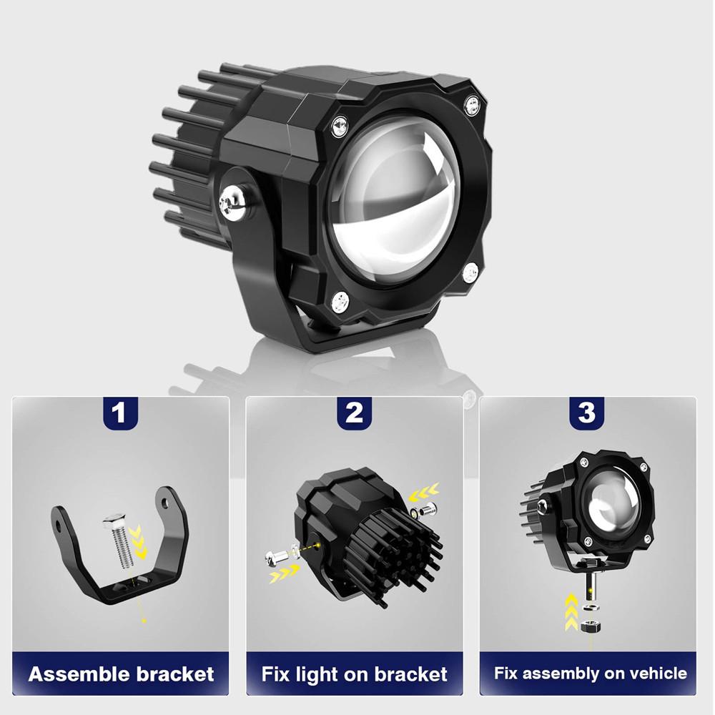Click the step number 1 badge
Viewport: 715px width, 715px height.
(119, 413)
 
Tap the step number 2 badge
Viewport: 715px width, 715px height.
(354, 413)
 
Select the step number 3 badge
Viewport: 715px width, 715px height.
(586, 413)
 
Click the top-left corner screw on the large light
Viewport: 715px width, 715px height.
(339, 126)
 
